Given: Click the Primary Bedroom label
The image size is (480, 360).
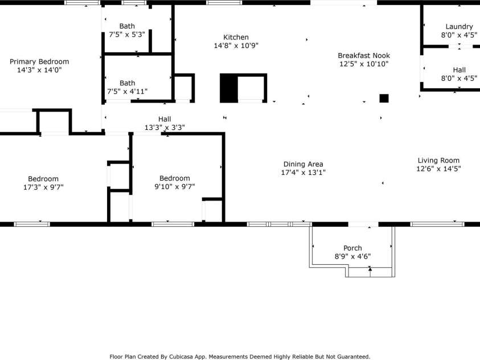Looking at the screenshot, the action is pos(39,62).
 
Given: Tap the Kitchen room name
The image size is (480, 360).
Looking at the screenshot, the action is pos(236,38).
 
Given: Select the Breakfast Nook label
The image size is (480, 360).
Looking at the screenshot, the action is pos(364,56).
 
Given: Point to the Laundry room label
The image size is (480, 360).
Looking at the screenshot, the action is pos(459,27).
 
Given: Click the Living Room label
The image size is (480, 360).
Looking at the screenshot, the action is pos(438,161).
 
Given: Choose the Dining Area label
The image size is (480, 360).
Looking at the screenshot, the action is pos(303,165).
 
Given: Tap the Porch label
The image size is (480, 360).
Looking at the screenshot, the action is pos(352,248).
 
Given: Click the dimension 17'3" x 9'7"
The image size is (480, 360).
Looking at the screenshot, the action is pos(43,187).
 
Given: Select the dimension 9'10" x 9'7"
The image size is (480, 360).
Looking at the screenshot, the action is pos(174,186).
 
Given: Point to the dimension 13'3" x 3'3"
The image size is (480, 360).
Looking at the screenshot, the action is pos(165,128).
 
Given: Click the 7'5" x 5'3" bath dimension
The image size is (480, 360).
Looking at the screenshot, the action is pos(127,34).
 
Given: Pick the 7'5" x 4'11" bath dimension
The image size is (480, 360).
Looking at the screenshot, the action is pos(127,91).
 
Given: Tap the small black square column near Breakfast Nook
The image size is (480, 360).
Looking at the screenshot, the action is pos(384,99).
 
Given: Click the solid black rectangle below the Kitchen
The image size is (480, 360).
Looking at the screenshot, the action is pos(229,88).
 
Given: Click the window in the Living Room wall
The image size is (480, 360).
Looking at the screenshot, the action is pos(437,224).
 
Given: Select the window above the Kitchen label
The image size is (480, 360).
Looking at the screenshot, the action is pos(224,3).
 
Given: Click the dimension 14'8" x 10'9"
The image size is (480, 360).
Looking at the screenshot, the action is pos(236,46).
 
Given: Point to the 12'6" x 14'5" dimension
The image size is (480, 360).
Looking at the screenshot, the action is pos(438,169).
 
